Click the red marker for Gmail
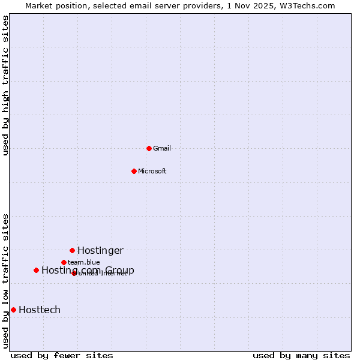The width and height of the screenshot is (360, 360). [149, 148]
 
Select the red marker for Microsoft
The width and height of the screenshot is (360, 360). [134, 171]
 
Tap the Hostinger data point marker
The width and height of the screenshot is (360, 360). [72, 250]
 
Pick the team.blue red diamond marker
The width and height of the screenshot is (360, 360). [64, 262]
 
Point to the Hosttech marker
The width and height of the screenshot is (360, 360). [13, 310]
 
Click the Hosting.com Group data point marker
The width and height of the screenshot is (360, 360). [36, 270]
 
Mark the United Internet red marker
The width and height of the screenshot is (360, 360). [74, 273]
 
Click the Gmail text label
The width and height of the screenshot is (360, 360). [162, 148]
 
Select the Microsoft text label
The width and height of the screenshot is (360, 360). [152, 171]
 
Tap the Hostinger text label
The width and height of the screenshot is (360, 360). [100, 250]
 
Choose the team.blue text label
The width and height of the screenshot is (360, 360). [84, 262]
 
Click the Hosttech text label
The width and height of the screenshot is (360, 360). [40, 310]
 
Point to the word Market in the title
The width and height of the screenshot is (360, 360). [41, 5]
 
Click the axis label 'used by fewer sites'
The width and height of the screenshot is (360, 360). [62, 355]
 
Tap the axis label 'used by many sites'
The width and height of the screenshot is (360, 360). [301, 355]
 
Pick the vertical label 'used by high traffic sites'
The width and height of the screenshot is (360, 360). [5, 86]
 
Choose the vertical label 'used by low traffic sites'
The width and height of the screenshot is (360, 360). [5, 281]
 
